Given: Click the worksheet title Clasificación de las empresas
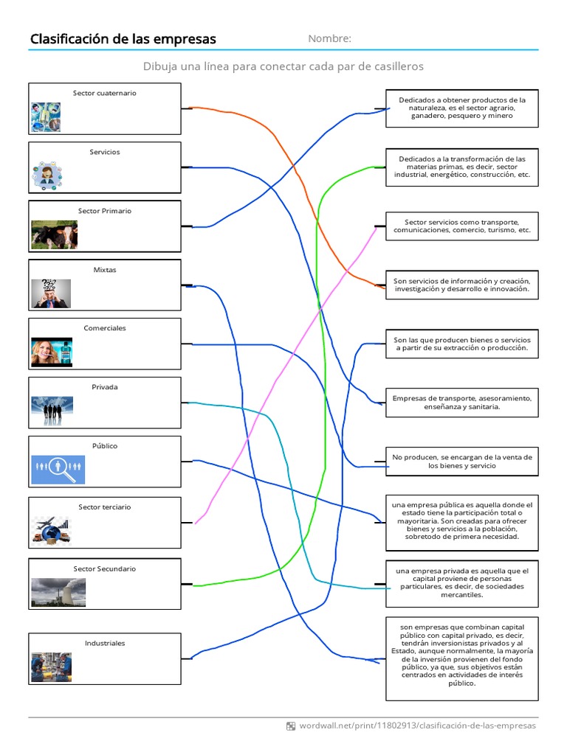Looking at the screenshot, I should (x=123, y=39).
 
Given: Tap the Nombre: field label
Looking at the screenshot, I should (x=329, y=39).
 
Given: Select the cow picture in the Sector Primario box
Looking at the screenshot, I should (x=54, y=234).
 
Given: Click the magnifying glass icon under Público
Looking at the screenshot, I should (x=58, y=469).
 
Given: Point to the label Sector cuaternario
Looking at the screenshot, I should (x=104, y=94).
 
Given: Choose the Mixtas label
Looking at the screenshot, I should (x=104, y=270).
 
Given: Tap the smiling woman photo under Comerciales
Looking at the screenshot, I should (x=52, y=352).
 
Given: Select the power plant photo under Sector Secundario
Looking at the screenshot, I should (x=58, y=592).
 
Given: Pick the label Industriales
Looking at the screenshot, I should (x=104, y=644).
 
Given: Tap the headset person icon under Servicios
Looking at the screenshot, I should (x=47, y=175).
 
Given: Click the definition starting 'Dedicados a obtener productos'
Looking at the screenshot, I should (x=461, y=108).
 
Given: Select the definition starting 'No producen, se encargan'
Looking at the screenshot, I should (x=461, y=462).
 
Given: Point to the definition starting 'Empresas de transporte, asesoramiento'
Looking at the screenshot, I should (x=461, y=403).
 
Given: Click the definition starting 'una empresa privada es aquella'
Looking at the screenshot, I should (x=461, y=582).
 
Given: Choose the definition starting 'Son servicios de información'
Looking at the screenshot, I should (x=461, y=285).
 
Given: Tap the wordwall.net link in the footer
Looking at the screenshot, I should (x=417, y=726).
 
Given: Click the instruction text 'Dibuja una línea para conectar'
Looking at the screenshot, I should (x=283, y=66).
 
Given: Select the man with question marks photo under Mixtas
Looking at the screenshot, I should (x=51, y=293).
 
